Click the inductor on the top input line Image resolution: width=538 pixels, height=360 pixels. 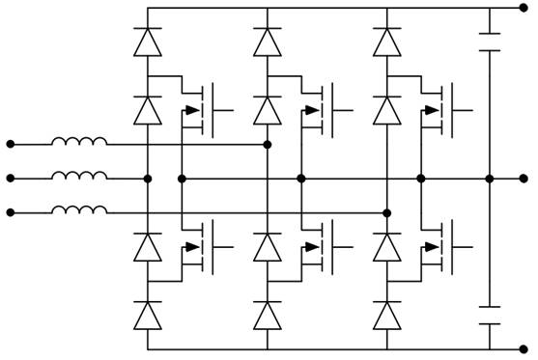pyautogui.click(x=79, y=144)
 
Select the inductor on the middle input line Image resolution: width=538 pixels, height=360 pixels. pyautogui.click(x=79, y=178)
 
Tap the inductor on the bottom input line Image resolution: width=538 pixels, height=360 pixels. pyautogui.click(x=79, y=212)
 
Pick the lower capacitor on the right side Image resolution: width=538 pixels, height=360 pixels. pyautogui.click(x=490, y=317)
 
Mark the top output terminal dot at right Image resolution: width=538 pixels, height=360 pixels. pyautogui.click(x=524, y=8)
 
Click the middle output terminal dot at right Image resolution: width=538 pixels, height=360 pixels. pyautogui.click(x=524, y=179)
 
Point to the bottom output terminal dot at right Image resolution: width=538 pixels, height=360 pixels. pyautogui.click(x=524, y=349)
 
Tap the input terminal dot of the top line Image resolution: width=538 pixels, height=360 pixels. pyautogui.click(x=11, y=145)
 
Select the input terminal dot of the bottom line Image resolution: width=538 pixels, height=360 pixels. pyautogui.click(x=11, y=212)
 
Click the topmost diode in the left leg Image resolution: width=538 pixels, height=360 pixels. pyautogui.click(x=147, y=42)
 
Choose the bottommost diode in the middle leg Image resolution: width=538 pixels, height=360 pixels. pyautogui.click(x=267, y=316)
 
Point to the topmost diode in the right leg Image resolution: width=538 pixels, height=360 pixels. pyautogui.click(x=386, y=42)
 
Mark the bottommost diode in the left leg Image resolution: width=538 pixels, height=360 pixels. pyautogui.click(x=147, y=316)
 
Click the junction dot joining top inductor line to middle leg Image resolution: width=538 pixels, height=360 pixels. pyautogui.click(x=267, y=145)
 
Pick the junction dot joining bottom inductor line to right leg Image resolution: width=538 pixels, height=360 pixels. pyautogui.click(x=386, y=212)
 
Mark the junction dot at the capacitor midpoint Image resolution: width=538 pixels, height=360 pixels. pyautogui.click(x=490, y=179)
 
